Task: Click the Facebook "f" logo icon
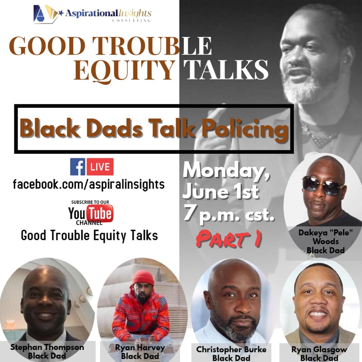tap(78, 167)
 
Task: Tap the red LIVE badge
tap(100, 167)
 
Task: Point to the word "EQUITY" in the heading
tap(124, 70)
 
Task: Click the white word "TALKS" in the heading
tap(226, 69)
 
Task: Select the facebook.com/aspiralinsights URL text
tap(89, 184)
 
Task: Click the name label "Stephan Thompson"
tap(47, 347)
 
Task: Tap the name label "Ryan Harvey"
tap(140, 348)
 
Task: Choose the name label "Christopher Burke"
tap(231, 350)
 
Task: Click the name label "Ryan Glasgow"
tap(319, 350)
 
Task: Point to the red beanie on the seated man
tap(143, 278)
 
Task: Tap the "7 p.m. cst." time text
tap(229, 214)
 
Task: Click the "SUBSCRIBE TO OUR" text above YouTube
tap(90, 202)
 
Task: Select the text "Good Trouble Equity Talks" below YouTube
tap(90, 236)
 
